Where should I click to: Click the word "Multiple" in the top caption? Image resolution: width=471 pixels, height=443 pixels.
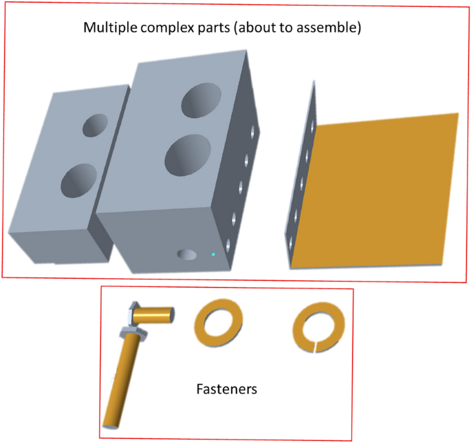pos(107,28)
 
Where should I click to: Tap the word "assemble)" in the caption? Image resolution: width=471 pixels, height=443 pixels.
pos(333,28)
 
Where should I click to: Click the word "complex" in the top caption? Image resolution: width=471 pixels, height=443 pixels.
pos(162,28)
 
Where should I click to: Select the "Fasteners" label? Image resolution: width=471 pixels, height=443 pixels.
pos(226,389)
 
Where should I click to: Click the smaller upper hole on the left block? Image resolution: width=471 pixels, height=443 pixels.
pos(96,125)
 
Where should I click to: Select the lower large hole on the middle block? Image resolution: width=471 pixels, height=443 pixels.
pos(187,152)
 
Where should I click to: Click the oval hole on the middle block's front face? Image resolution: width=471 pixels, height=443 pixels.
pos(186,255)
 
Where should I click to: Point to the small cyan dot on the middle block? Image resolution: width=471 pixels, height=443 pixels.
pos(213,255)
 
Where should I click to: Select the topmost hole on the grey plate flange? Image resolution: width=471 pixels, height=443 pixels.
pos(312,128)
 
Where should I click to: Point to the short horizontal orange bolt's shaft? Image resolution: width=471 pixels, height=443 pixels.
pos(154,315)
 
